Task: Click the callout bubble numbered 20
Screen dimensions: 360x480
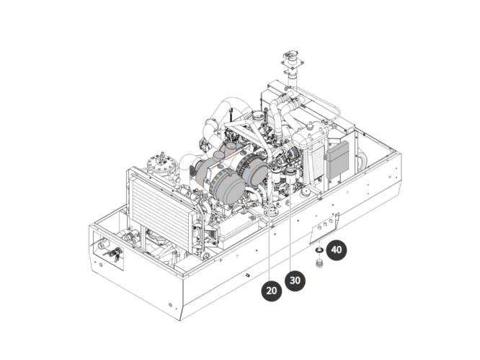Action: (x=272, y=291)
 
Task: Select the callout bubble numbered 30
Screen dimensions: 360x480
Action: (x=293, y=281)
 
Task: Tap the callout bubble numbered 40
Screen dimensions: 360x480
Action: (x=337, y=251)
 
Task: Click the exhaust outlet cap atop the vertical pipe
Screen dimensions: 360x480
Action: (x=293, y=56)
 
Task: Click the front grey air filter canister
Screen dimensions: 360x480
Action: (x=230, y=187)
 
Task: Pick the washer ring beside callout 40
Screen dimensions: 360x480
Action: (x=318, y=250)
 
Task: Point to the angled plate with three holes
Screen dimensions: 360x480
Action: (x=324, y=229)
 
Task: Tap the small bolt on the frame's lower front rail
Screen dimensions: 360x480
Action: (x=247, y=275)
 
